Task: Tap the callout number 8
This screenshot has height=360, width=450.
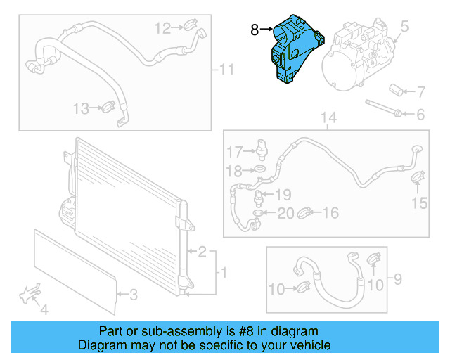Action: (x=255, y=30)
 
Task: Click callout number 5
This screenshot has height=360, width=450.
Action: (x=404, y=28)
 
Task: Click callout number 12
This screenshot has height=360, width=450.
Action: (x=162, y=28)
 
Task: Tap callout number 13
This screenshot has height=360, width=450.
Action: (x=81, y=108)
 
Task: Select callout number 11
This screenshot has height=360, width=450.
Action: (x=225, y=69)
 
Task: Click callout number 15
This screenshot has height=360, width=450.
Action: (x=418, y=203)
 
